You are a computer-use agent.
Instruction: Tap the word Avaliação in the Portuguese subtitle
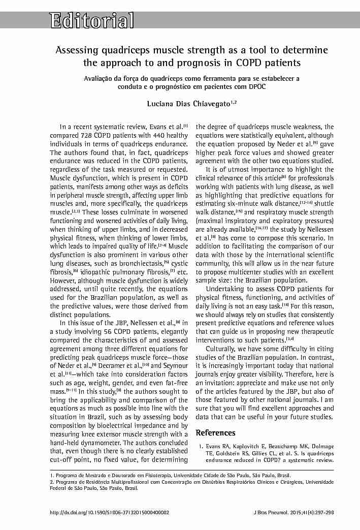coord(100,79)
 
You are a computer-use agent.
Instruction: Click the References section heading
coord(215,433)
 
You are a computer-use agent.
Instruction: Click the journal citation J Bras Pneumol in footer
coord(273,512)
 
